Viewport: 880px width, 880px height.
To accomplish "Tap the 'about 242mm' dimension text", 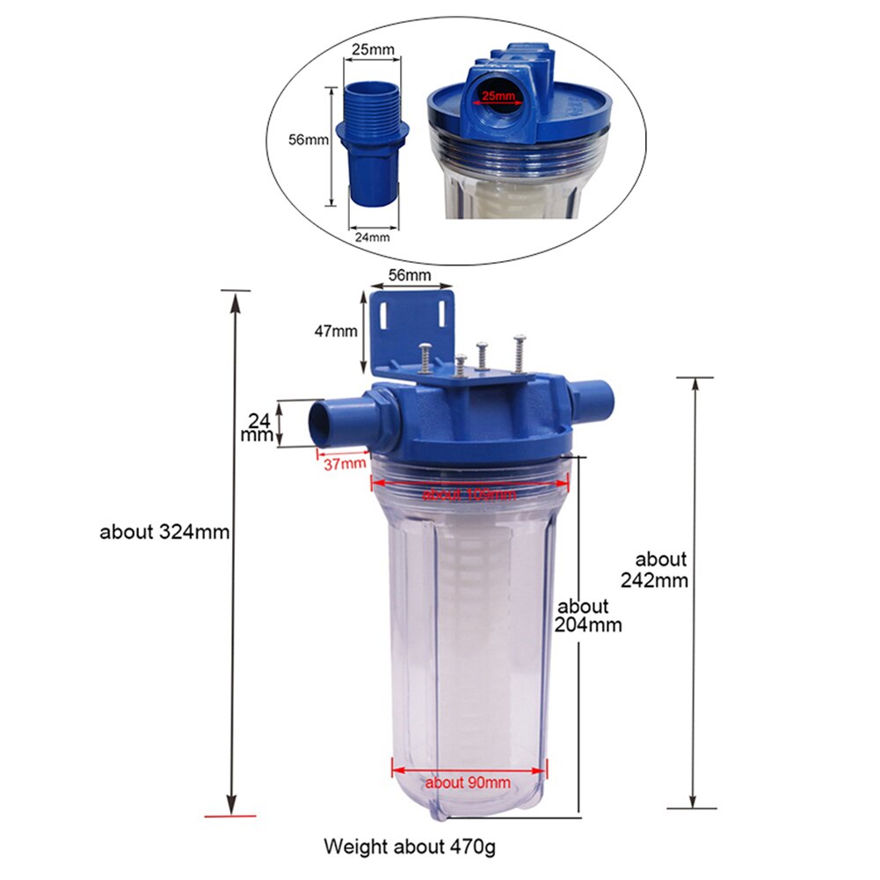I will (x=661, y=570).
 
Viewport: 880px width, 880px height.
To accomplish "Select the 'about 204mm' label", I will (x=589, y=615).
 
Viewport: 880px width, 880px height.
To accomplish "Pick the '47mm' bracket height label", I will (x=337, y=331).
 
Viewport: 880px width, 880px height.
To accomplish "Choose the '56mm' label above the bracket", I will (x=410, y=275).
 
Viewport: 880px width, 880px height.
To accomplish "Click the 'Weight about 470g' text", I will (x=410, y=847).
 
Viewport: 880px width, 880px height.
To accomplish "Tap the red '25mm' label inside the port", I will (x=498, y=95).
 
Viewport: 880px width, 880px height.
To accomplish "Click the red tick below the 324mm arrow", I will (x=230, y=816).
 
